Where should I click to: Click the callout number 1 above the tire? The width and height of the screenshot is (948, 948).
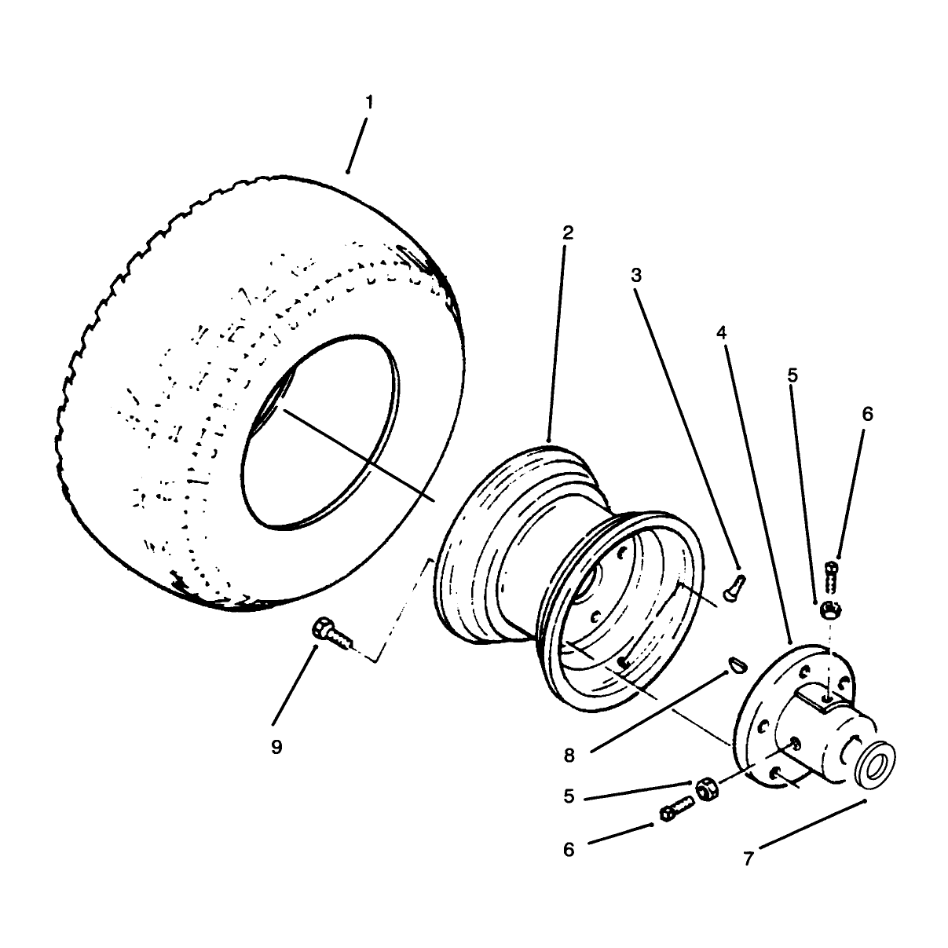369,102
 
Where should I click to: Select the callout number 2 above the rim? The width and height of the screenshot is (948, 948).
568,232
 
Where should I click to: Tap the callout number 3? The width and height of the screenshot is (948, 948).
636,276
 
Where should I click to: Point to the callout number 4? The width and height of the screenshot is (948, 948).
721,333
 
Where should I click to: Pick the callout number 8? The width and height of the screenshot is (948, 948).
569,756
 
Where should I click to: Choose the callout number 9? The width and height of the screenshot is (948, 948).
276,747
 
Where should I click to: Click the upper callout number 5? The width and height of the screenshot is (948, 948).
792,375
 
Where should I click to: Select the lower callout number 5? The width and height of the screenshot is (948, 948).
569,796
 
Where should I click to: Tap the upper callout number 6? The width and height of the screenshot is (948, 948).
867,414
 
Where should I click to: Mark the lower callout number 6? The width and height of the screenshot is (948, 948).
569,849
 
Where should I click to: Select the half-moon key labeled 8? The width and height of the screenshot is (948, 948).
738,664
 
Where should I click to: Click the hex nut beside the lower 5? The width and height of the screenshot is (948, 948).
708,790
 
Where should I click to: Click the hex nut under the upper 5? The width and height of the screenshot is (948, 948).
830,611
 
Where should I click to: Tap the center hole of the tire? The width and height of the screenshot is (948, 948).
320,433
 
